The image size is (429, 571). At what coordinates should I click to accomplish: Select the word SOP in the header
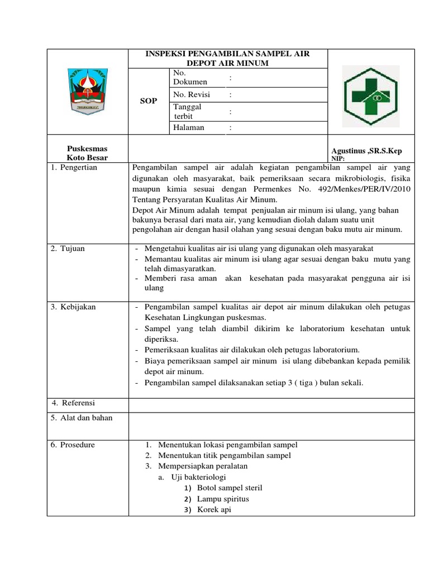click(149, 101)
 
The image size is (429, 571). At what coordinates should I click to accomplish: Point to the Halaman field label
click(189, 128)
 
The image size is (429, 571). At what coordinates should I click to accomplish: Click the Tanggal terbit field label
click(188, 112)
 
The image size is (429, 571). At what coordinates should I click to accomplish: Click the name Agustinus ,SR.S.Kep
click(366, 151)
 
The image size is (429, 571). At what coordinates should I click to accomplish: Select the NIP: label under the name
click(339, 159)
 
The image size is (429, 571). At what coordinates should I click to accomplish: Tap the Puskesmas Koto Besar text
click(87, 153)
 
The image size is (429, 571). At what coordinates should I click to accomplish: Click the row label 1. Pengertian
click(74, 167)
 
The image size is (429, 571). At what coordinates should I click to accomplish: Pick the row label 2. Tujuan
click(68, 249)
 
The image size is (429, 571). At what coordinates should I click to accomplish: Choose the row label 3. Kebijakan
click(73, 307)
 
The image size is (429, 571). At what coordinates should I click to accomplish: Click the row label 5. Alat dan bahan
click(82, 418)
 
